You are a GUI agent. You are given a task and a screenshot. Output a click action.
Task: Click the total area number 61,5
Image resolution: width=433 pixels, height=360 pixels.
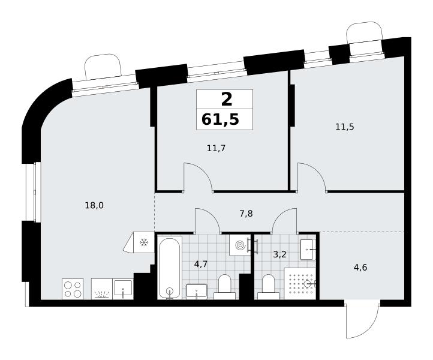pos(220,119)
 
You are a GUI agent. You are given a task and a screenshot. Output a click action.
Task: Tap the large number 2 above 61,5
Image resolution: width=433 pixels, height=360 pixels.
pos(227,100)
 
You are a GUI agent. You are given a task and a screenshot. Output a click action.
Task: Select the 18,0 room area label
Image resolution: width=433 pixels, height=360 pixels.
pos(94,206)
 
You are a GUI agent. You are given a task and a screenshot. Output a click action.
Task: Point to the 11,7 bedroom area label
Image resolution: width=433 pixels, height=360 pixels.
pos(217,149)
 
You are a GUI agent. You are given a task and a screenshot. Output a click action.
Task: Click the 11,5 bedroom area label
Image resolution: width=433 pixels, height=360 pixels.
pos(345,127)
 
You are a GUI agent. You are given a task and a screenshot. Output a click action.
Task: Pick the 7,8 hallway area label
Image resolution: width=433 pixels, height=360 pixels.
pos(246,214)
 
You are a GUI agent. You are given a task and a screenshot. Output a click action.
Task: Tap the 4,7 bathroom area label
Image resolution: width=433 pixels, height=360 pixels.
pos(200,265)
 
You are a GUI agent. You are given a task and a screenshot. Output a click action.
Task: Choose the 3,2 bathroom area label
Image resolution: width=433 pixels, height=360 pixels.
pos(279,254)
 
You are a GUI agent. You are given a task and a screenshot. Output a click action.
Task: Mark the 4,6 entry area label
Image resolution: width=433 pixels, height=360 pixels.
pos(360,268)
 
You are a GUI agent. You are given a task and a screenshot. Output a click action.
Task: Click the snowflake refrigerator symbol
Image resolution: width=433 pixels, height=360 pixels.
pos(143,242)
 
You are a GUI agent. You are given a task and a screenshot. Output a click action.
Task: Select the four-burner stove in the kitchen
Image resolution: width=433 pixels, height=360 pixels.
pos(73,289)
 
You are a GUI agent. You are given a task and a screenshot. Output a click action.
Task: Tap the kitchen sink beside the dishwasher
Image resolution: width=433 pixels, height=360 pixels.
pos(123,289)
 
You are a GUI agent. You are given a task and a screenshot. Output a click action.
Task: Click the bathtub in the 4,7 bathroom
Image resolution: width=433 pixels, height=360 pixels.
pos(170,268)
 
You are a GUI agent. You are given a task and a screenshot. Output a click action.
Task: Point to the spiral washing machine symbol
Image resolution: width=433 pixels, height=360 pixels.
pos(239,245)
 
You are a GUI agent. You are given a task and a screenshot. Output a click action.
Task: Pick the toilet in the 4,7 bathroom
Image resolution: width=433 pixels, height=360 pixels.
pos(224,287)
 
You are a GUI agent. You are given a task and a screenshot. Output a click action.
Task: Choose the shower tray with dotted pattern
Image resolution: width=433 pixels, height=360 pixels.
pos(300,283)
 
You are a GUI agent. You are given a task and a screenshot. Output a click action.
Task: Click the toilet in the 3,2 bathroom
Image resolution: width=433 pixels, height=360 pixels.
pos(268,287)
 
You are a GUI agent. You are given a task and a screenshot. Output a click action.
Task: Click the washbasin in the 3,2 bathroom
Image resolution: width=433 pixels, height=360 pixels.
pos(308,250)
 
